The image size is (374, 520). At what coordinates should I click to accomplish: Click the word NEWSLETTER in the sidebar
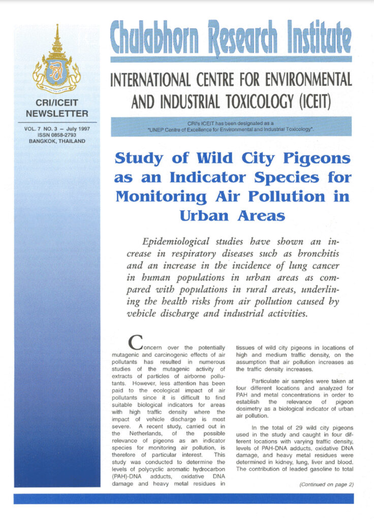[56, 113]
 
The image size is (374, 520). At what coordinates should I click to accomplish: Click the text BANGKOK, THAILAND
[56, 141]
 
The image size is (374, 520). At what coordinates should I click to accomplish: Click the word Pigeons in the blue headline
[315, 158]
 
